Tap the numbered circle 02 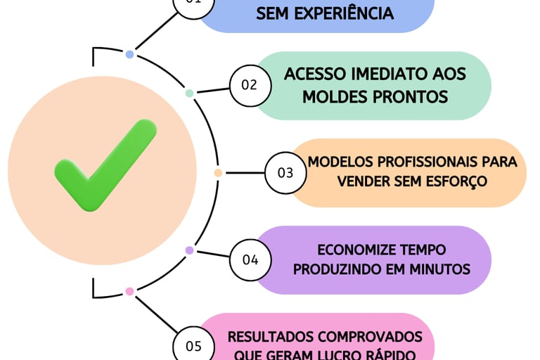249,85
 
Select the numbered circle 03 285,172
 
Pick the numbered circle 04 250,259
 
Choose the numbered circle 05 193,345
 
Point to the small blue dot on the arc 129,54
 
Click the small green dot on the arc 189,93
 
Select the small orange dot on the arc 218,172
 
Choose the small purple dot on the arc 189,250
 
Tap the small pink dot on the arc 129,291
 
